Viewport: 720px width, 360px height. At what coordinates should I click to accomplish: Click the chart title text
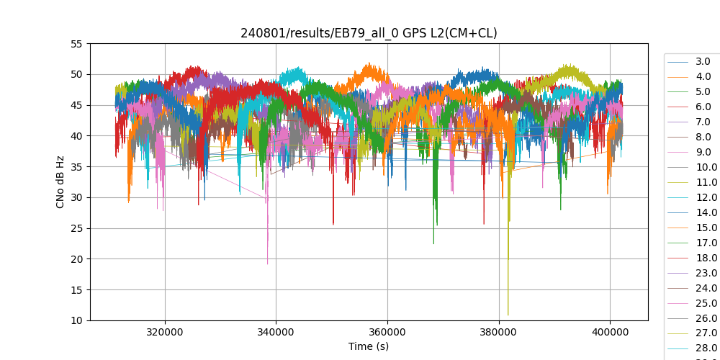(369, 33)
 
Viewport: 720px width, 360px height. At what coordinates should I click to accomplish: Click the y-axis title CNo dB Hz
(60, 182)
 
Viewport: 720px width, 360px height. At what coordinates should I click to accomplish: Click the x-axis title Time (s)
(369, 346)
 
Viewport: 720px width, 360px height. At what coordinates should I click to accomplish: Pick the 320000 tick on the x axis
(165, 333)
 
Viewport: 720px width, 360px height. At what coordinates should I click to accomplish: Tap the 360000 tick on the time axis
(387, 333)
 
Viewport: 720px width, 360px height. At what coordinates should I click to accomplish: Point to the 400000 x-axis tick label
(610, 333)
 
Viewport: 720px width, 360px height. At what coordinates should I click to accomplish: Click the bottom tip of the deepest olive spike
(508, 315)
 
